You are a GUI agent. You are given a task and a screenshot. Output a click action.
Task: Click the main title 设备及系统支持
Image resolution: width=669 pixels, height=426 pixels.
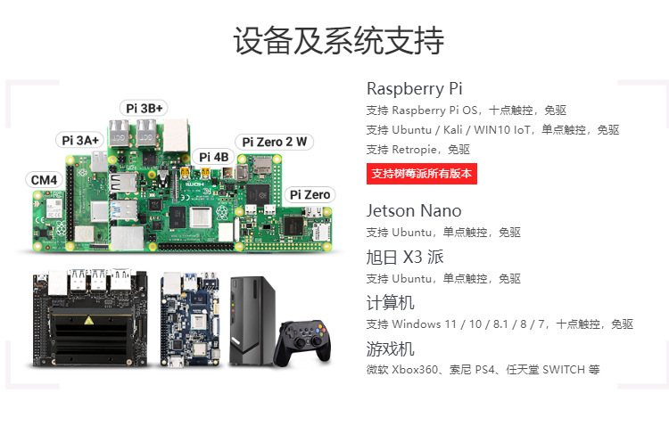tap(338, 41)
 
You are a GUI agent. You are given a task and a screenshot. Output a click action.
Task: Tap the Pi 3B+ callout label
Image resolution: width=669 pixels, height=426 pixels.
tap(145, 108)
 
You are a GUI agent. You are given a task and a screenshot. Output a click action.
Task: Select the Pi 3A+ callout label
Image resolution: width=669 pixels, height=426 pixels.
tap(80, 140)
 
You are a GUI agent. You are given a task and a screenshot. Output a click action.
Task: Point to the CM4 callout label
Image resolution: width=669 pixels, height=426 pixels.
tap(44, 179)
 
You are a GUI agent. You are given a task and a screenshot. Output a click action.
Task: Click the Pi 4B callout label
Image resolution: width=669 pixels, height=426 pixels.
tap(213, 157)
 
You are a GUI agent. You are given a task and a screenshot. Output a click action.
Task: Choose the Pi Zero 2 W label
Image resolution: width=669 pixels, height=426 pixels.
tap(275, 141)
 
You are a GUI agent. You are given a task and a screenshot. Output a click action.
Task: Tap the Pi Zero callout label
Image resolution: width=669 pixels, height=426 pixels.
tap(310, 194)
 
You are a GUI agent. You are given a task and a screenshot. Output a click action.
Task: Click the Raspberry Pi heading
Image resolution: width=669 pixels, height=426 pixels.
tap(414, 89)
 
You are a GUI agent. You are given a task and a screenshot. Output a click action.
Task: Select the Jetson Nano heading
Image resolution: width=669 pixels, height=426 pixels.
tap(414, 211)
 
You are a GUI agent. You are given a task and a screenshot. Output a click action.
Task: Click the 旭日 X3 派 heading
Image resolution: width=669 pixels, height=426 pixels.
tap(404, 258)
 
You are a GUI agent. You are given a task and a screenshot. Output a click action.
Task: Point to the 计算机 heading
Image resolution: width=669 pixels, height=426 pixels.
tap(390, 303)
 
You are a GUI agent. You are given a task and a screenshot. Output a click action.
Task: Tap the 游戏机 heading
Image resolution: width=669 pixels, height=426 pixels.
tap(390, 348)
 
